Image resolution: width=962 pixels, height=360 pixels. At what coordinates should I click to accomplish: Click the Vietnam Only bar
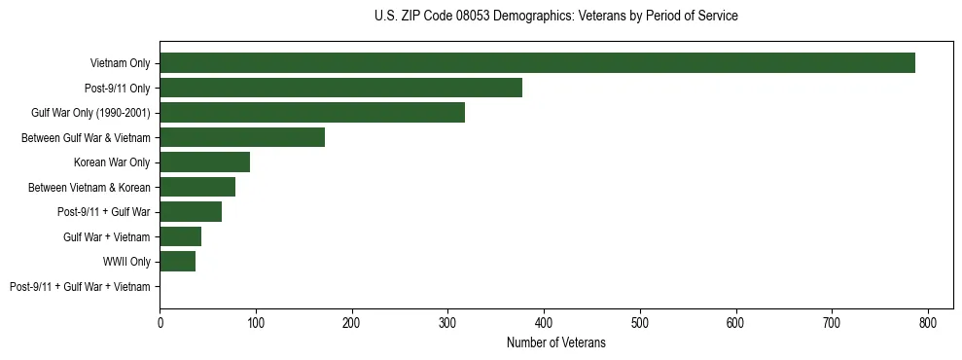point(537,63)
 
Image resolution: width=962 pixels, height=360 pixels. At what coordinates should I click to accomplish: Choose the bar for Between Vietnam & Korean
point(197,187)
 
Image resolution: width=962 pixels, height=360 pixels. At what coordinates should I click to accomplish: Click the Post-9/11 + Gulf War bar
point(191,212)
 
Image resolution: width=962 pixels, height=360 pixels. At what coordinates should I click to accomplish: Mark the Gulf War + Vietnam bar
point(180,236)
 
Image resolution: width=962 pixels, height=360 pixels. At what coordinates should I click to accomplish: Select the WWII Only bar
point(177,262)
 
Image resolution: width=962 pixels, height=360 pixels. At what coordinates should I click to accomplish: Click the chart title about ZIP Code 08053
point(555,17)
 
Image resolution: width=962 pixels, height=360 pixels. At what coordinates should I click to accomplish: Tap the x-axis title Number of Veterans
point(555,342)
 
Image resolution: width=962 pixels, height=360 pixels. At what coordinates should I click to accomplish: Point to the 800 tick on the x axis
point(928,322)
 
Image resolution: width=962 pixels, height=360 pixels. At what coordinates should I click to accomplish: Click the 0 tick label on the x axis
point(160,322)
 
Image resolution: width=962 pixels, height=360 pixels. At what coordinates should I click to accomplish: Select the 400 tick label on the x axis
point(544,322)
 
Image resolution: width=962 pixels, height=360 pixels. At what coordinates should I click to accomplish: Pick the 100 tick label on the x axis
point(256,322)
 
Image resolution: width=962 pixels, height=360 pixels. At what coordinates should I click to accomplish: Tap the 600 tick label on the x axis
point(735,322)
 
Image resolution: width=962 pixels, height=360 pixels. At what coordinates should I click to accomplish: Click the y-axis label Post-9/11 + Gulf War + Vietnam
point(80,287)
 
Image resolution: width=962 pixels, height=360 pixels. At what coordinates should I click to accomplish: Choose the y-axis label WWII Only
point(126,262)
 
